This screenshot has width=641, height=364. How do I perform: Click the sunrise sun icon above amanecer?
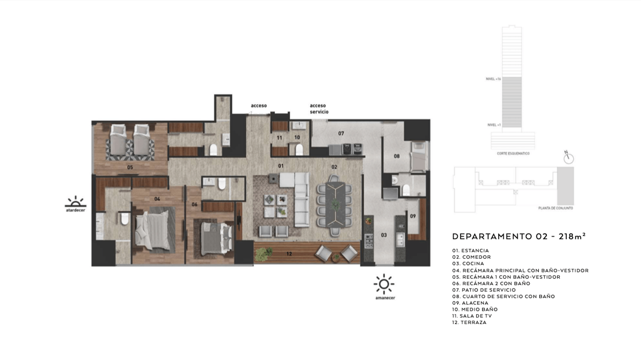(384, 284)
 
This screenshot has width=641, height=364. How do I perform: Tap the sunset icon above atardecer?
(75, 202)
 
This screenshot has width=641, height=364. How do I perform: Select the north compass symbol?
(569, 158)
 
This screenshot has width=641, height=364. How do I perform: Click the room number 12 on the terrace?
(289, 254)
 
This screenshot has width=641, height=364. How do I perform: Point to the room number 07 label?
(341, 133)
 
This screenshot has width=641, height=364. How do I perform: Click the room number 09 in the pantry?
(413, 216)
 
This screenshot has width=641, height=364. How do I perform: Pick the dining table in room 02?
(336, 204)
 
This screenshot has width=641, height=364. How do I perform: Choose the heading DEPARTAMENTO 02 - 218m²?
(519, 236)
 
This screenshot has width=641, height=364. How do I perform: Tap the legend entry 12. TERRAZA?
(469, 322)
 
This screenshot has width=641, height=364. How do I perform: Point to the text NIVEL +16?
(493, 79)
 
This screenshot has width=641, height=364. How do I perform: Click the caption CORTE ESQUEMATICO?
(513, 154)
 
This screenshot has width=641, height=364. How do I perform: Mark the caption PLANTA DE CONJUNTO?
(555, 208)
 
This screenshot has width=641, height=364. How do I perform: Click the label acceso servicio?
(319, 108)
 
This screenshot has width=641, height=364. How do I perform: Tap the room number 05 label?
(130, 168)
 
